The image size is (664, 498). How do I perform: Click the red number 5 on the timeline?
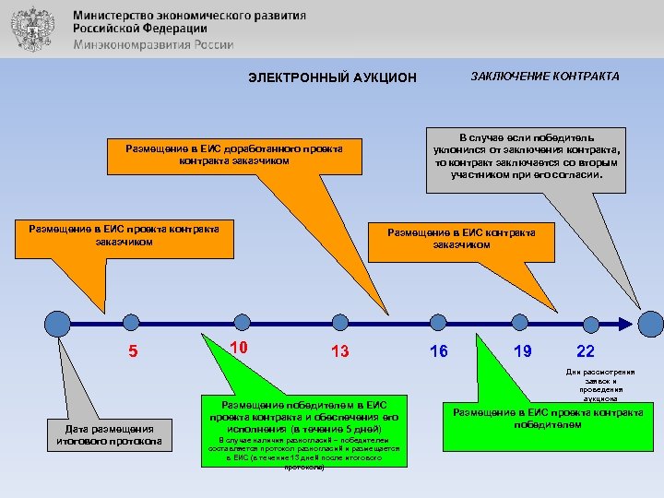(x=133, y=351)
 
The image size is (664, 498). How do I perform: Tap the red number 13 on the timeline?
(x=339, y=351)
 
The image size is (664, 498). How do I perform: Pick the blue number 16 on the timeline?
(x=439, y=350)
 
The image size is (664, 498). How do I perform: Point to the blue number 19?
(x=522, y=351)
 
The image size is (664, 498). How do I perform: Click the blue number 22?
(x=585, y=351)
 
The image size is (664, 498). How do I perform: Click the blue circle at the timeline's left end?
(x=58, y=324)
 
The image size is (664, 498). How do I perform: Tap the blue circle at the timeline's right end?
(x=651, y=324)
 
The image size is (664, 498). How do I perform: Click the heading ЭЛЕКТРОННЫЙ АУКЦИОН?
(x=333, y=77)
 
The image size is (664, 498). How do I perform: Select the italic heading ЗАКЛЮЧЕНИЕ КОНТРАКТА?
(x=545, y=77)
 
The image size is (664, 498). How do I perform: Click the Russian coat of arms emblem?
(x=34, y=30)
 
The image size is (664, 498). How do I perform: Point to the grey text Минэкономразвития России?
(x=153, y=44)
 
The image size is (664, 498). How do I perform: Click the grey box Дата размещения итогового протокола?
(x=109, y=434)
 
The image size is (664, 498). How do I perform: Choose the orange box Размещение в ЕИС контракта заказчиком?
(x=461, y=238)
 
